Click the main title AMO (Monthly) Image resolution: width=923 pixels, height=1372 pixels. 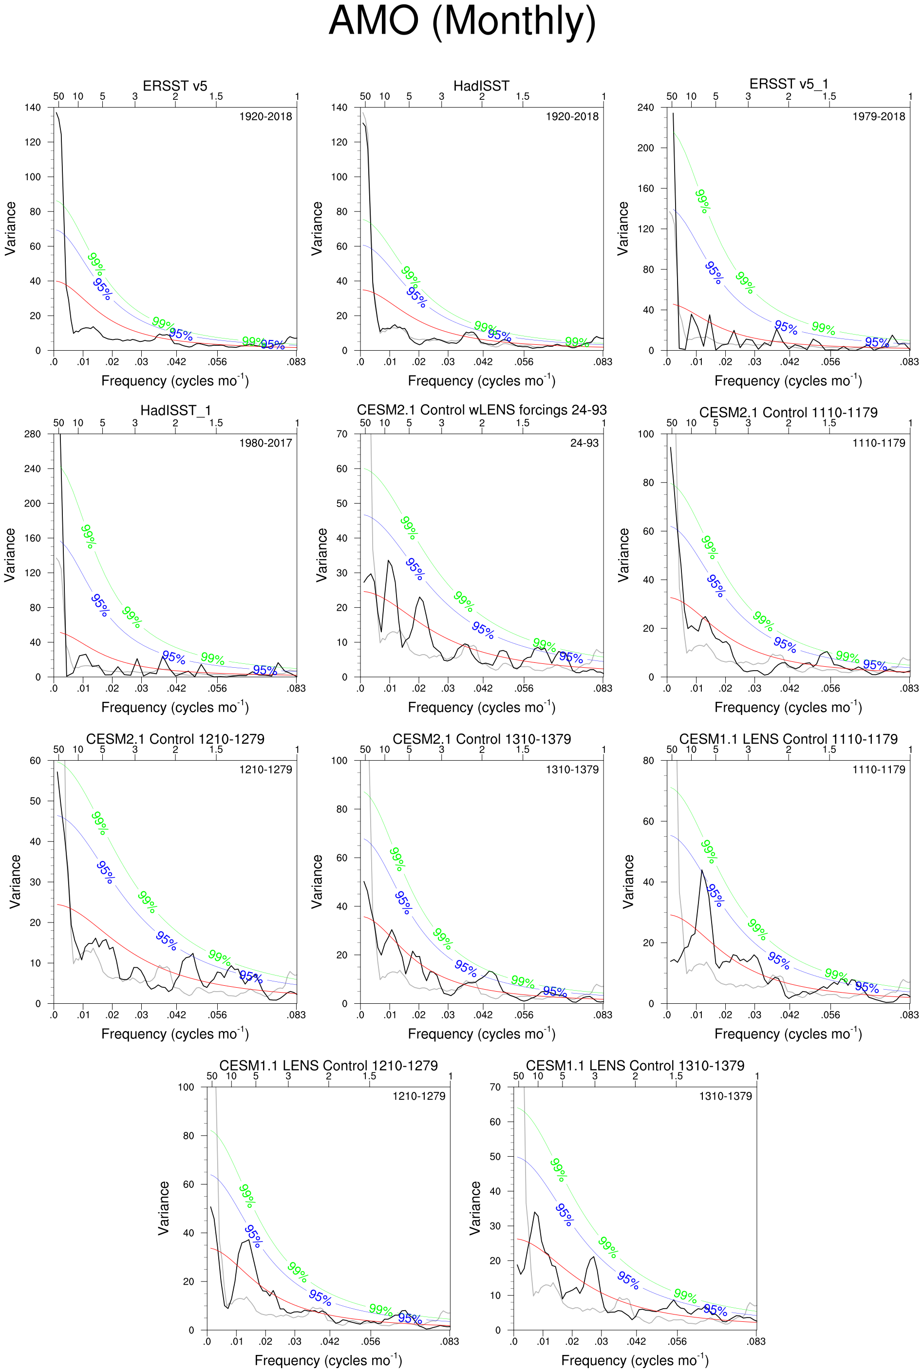[x=462, y=22]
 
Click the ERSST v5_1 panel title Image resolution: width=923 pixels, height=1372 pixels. [x=788, y=84]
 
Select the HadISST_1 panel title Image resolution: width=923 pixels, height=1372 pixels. [x=175, y=410]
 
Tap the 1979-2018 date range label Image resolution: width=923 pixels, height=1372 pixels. [x=878, y=116]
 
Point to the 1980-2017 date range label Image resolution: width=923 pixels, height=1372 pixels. [x=265, y=443]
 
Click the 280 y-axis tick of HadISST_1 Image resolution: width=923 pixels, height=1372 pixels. [x=33, y=434]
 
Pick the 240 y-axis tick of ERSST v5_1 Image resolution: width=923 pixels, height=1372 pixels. [x=646, y=108]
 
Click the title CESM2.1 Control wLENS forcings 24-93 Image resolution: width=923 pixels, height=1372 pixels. [x=482, y=410]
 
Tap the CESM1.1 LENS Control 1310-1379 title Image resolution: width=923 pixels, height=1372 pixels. [x=635, y=1065]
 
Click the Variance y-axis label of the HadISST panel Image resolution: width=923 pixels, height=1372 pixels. [x=317, y=228]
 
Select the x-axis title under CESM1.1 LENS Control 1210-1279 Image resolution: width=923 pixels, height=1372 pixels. [x=328, y=1360]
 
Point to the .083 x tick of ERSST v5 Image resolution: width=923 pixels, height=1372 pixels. [x=296, y=362]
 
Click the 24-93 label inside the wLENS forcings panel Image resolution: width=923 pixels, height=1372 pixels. [x=584, y=443]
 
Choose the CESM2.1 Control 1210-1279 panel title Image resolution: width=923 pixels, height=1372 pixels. [x=175, y=739]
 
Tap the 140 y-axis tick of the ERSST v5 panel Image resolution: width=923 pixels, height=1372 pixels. [x=33, y=108]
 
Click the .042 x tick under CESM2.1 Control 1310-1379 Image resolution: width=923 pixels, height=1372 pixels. [x=483, y=1015]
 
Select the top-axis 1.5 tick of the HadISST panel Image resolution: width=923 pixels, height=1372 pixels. [x=522, y=96]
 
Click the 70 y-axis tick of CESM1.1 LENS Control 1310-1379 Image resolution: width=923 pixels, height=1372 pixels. [x=495, y=1087]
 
